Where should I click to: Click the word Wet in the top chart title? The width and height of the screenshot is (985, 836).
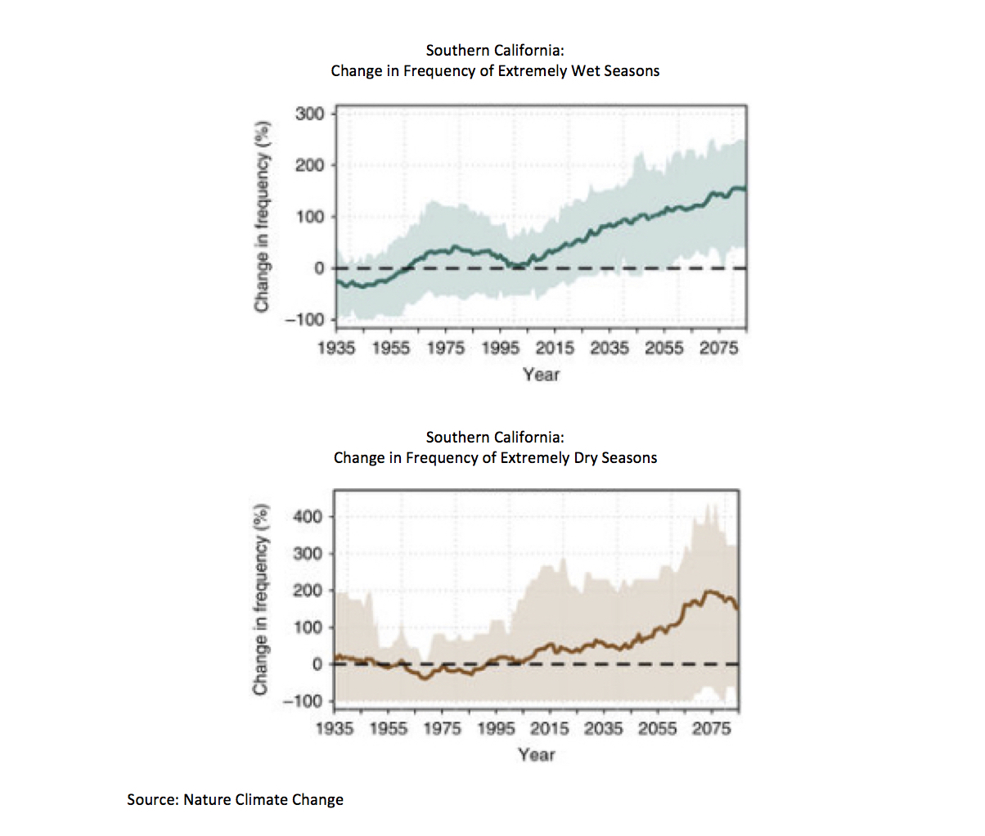[x=586, y=71]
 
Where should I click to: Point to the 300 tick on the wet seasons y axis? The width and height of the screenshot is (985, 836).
[x=309, y=115]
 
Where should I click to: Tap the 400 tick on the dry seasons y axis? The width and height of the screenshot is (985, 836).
[x=308, y=516]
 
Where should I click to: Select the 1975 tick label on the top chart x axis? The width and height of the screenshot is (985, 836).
[x=446, y=348]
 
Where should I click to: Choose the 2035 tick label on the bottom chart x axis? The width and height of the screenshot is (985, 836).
[x=603, y=729]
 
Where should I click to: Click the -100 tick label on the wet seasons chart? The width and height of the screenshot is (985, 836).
[x=304, y=320]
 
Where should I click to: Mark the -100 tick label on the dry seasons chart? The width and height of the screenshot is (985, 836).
[x=302, y=701]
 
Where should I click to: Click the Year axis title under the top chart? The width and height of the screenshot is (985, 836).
[x=542, y=375]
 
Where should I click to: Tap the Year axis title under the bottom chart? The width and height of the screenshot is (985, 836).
[x=537, y=754]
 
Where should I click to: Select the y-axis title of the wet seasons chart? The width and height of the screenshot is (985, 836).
[x=262, y=217]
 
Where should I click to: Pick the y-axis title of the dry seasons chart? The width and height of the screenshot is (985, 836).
[x=261, y=600]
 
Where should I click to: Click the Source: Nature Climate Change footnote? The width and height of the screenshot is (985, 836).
[x=235, y=799]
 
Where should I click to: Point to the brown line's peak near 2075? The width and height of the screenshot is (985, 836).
[x=709, y=591]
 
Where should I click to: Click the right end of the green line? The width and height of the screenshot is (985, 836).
[x=746, y=189]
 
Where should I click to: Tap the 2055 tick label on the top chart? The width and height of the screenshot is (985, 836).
[x=663, y=348]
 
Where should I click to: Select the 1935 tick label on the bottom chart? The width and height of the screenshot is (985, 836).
[x=335, y=729]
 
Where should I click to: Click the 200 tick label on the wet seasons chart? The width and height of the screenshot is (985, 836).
[x=309, y=166]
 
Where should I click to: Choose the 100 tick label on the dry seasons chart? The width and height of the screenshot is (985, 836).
[x=308, y=627]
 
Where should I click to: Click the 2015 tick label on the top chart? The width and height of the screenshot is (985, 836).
[x=555, y=348]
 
